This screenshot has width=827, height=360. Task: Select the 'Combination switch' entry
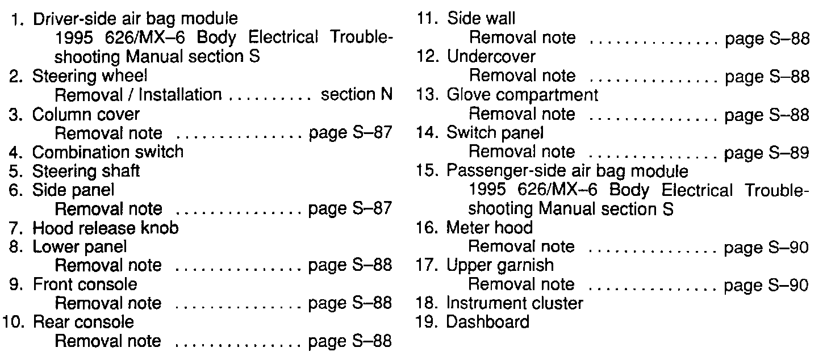pos(108,152)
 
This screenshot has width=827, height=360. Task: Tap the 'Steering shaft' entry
pos(86,170)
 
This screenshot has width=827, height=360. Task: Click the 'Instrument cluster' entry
pos(515,303)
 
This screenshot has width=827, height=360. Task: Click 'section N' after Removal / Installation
pos(357,94)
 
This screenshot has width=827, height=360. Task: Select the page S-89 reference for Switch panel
pos(767,152)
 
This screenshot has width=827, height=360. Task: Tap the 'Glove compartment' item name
pos(523,95)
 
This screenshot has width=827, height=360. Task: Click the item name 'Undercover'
pos(491,57)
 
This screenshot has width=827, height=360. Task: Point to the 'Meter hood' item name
pos(490,228)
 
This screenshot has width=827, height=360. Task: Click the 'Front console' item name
pos(85,284)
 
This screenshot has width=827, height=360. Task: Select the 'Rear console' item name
pos(83,322)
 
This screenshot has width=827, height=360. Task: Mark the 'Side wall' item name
pos(482,19)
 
